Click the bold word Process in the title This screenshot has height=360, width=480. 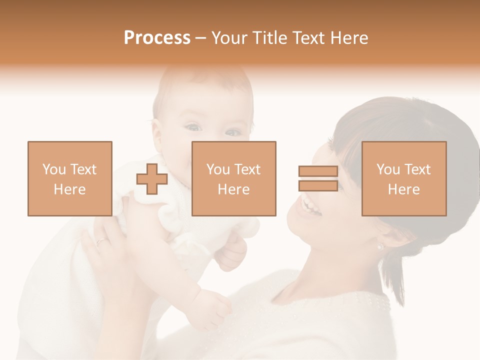click(157, 38)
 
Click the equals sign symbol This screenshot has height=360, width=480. click(318, 179)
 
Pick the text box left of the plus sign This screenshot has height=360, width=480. click(70, 179)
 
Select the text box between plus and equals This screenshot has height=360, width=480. click(234, 179)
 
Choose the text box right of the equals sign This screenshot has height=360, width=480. click(404, 179)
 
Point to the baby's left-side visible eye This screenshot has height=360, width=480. click(194, 127)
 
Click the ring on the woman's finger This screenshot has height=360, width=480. click(102, 241)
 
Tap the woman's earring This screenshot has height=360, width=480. click(380, 246)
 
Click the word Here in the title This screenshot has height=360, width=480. click(349, 38)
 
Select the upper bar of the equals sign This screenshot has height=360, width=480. click(318, 171)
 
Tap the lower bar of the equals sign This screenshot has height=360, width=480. click(318, 186)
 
